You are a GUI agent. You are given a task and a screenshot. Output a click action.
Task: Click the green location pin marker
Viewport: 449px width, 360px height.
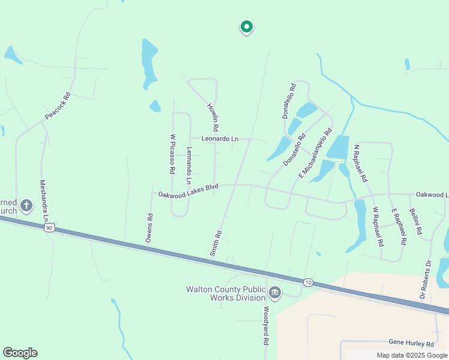[246, 27]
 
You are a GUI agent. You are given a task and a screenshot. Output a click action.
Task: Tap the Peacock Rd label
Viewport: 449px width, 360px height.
[58, 105]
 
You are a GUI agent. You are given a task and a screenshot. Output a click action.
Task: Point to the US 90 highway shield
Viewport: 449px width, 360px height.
[49, 227]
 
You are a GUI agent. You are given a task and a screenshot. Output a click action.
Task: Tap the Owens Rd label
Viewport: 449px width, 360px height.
[149, 229]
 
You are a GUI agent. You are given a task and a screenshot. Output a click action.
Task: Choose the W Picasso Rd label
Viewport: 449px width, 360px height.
[172, 154]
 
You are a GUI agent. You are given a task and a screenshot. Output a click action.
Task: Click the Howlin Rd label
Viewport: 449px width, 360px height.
[212, 118]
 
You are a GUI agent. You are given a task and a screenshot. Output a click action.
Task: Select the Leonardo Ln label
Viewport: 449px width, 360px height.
[220, 139]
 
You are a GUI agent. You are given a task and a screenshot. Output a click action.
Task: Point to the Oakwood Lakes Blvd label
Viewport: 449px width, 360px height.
[188, 191]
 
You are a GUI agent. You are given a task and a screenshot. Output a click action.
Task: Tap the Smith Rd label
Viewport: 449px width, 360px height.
[215, 244]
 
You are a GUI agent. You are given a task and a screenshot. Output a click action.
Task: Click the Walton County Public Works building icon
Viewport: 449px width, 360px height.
[275, 293]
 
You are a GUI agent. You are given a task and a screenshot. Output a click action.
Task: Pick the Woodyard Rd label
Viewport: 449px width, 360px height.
[265, 326]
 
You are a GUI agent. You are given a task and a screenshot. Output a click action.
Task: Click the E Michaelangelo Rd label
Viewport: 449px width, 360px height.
[315, 154]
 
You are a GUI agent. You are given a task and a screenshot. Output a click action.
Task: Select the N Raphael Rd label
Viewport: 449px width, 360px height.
[361, 163]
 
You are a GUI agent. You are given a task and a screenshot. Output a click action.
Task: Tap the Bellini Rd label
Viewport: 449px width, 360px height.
[415, 221]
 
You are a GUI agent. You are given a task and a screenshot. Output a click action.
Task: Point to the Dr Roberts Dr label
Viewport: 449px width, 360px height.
[426, 280]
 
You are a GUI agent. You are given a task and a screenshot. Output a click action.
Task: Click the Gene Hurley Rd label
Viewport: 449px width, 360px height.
[411, 344]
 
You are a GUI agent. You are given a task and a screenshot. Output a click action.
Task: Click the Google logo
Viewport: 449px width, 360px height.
[20, 353]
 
